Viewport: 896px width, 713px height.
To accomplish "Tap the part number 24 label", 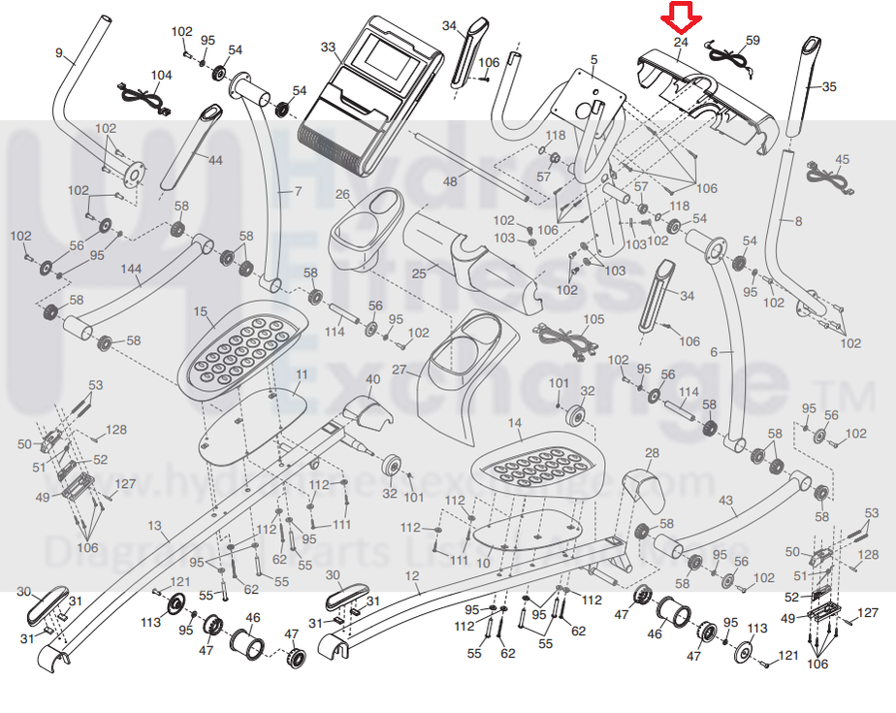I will (680, 43).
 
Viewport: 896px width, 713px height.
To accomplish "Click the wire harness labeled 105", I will (562, 340).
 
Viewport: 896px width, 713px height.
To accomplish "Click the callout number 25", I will (418, 274).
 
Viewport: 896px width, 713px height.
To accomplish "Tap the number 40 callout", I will (373, 379).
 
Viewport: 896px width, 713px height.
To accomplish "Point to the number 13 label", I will (154, 525).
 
